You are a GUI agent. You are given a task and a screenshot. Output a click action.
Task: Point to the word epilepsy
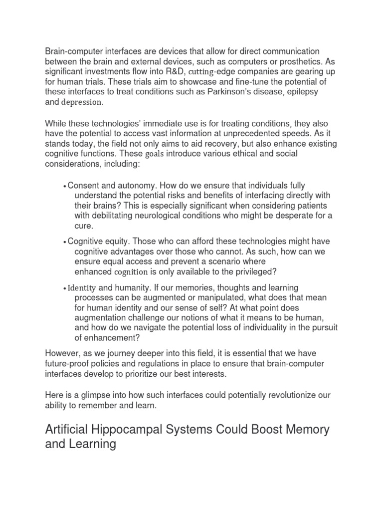point(304,93)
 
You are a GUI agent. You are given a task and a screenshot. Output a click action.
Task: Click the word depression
point(82,103)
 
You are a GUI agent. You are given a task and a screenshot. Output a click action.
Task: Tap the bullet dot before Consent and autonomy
point(65,186)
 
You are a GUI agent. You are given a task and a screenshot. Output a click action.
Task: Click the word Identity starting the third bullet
point(82,288)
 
